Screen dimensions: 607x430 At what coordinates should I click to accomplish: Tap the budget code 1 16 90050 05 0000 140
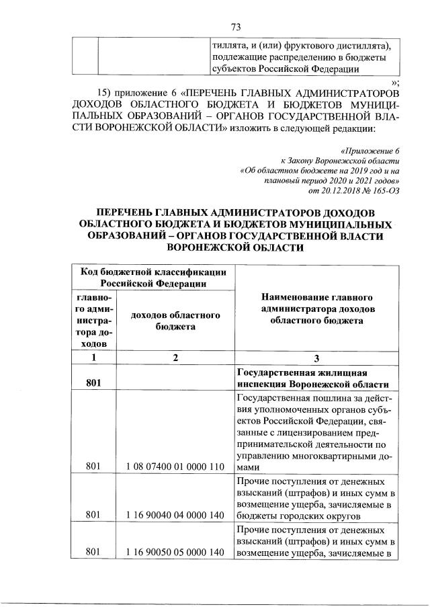pos(174,552)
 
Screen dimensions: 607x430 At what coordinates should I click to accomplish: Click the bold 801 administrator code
pos(93,384)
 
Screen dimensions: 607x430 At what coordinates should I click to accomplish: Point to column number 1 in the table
pos(93,358)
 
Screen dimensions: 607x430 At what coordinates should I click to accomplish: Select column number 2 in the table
pos(174,358)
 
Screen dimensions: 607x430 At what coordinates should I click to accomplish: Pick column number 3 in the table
pos(316,358)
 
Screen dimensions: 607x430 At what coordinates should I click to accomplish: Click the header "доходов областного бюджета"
pos(174,321)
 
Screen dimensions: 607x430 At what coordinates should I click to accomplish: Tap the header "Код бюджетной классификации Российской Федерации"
pos(153,277)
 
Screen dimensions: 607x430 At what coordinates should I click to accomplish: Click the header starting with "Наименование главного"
pos(316,309)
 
